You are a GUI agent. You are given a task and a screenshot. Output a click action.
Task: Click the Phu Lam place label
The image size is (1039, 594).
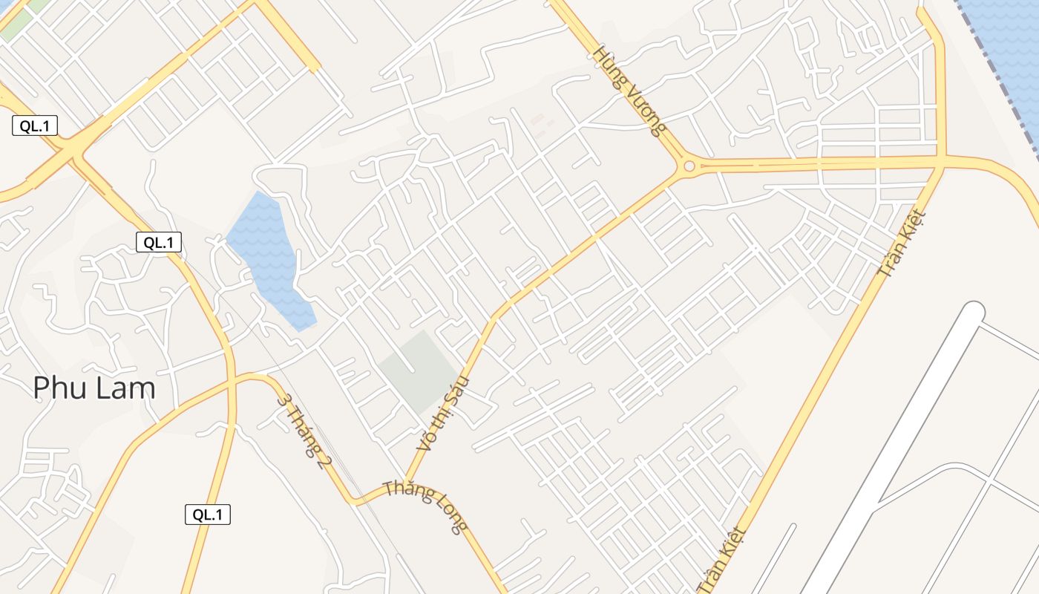pyautogui.click(x=94, y=388)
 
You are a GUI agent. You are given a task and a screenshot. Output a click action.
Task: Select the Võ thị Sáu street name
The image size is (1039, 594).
pyautogui.click(x=444, y=413)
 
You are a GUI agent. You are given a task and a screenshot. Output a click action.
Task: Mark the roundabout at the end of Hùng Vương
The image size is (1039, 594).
pyautogui.click(x=689, y=166)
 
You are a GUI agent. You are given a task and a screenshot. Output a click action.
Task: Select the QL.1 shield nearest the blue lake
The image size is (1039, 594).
pyautogui.click(x=159, y=241)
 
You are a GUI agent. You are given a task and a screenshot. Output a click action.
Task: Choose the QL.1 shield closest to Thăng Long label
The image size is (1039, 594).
pyautogui.click(x=208, y=514)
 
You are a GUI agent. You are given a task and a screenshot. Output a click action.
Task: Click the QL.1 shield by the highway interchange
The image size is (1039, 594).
pyautogui.click(x=35, y=125)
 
